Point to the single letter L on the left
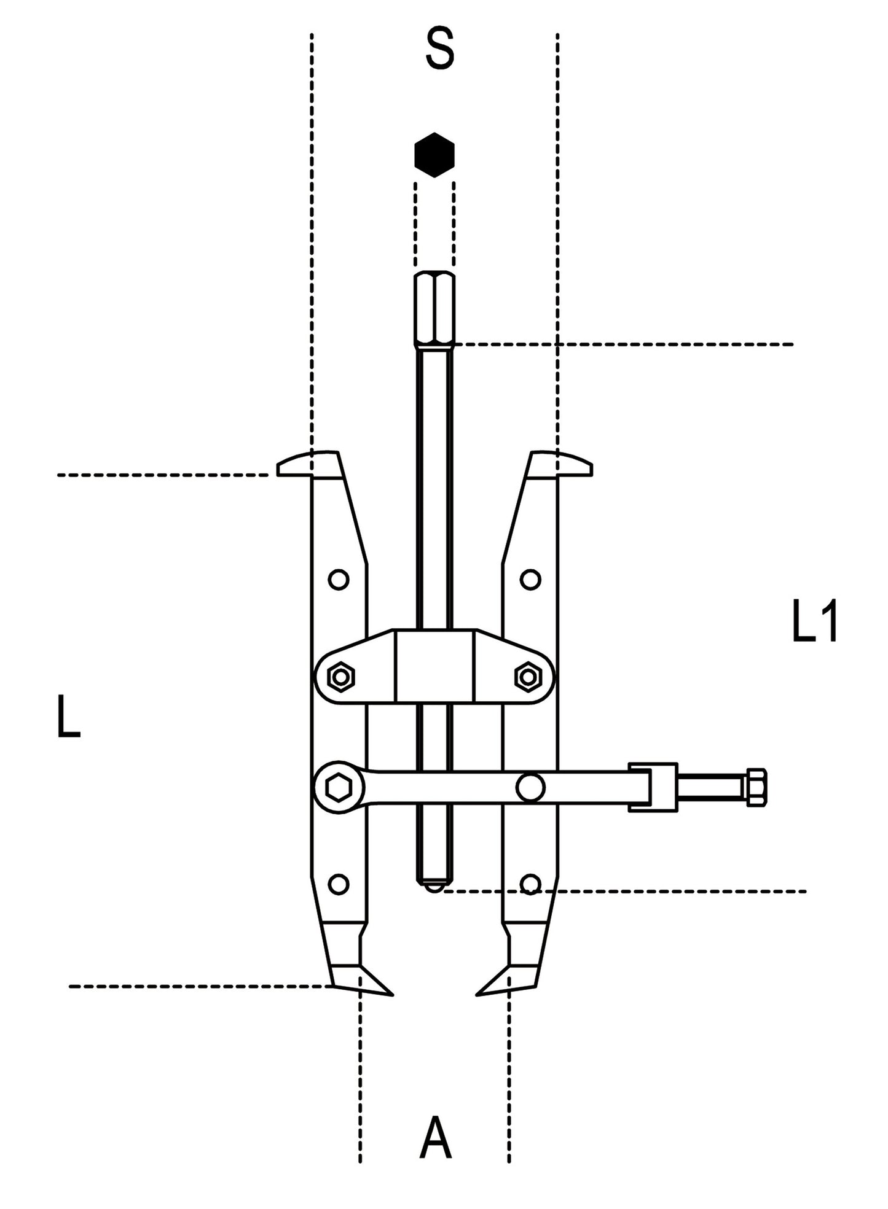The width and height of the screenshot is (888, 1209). (68, 716)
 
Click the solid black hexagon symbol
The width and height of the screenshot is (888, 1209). (434, 155)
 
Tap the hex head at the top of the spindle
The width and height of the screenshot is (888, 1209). (434, 309)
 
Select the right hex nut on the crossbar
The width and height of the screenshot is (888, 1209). (527, 677)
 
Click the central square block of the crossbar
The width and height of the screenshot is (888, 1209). (434, 666)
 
